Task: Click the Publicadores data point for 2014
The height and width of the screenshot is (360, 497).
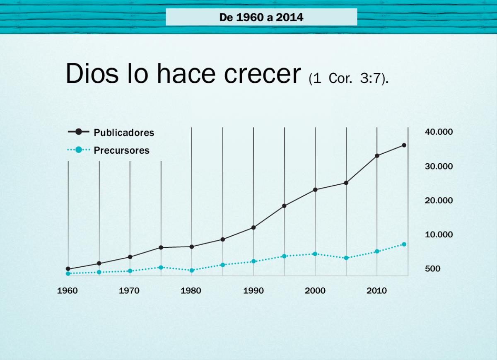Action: [x=404, y=145]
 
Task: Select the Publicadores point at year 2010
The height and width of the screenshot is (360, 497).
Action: [x=377, y=156]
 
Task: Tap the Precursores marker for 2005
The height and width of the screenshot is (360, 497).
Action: [x=346, y=258]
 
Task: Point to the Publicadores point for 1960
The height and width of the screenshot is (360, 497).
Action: [x=68, y=269]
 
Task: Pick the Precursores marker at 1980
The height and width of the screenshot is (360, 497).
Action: [x=192, y=270]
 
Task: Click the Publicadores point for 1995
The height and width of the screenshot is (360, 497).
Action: [x=284, y=205]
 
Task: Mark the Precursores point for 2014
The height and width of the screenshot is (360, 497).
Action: [x=404, y=244]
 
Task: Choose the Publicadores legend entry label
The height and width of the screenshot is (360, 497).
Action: [x=124, y=133]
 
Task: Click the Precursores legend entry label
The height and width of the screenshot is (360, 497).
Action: [x=121, y=150]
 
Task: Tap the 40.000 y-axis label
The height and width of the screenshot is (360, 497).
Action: [x=439, y=132]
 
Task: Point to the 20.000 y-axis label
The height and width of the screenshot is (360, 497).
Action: [x=439, y=201]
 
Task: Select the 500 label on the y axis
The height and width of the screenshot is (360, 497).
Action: [x=432, y=269]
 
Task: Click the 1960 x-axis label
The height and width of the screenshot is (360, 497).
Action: [x=68, y=291]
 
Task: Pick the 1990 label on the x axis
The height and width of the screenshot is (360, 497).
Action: [x=253, y=291]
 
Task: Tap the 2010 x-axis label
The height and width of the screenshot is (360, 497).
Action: [x=376, y=291]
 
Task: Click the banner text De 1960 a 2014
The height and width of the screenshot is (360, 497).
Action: [x=261, y=17]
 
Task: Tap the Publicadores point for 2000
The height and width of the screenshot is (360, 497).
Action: [x=315, y=190]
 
